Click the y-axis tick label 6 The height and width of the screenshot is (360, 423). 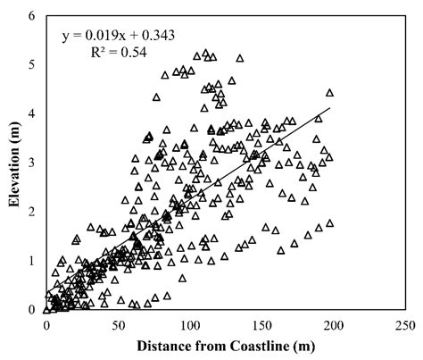tap(32, 16)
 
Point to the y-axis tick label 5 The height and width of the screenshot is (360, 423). tap(32, 65)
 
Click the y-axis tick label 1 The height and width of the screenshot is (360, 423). tap(32, 261)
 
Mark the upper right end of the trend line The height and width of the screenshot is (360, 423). tap(330, 108)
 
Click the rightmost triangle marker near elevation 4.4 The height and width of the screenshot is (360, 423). tap(330, 92)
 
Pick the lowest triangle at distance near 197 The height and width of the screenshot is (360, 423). tap(330, 223)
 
